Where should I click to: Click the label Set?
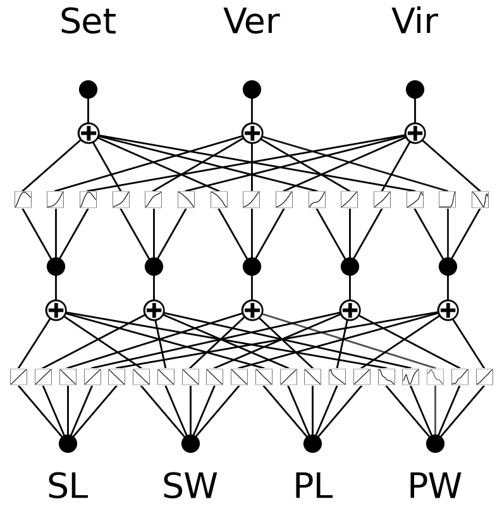88,22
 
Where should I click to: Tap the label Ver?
252,22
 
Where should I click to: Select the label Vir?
415,22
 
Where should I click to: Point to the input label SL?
68,486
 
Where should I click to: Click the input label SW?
190,486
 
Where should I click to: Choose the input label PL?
312,486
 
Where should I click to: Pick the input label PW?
435,486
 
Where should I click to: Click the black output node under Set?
88,89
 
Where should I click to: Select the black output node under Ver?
252,89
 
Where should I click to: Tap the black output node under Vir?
415,89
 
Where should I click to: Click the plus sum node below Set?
88,133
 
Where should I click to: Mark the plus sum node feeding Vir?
415,133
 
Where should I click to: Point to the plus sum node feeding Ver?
252,133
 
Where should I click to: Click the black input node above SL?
68,443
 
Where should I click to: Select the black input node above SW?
190,443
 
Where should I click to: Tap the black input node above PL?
312,443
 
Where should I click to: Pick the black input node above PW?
435,443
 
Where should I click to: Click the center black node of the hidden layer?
252,266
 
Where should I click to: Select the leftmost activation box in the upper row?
23,200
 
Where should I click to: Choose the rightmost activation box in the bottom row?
484,377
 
